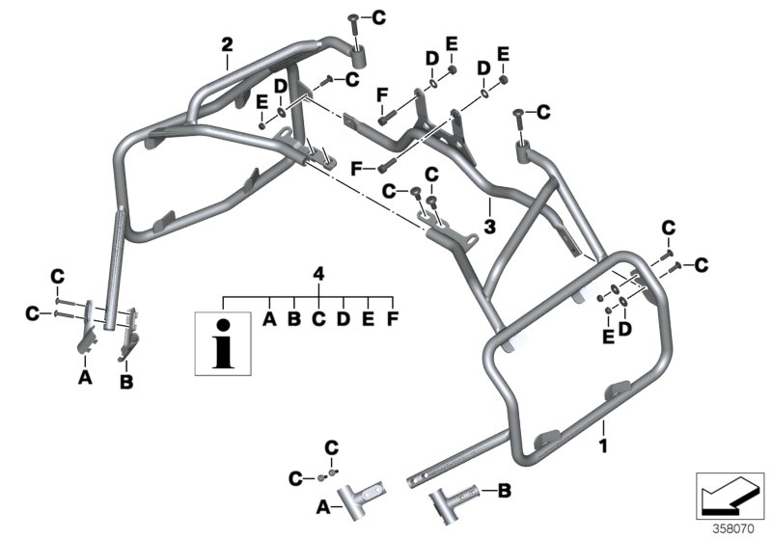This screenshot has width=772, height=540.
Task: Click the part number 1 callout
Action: pos(603,446)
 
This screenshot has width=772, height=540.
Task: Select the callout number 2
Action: pos(227,44)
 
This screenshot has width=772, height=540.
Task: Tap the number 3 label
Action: pos(489,227)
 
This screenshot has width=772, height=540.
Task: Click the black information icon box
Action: pos(223,341)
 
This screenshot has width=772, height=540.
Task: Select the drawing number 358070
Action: pos(733,528)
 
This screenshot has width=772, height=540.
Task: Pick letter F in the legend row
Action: pos(392,317)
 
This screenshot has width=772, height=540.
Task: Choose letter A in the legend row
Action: pos(269,317)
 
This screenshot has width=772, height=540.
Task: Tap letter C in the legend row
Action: pos(318,317)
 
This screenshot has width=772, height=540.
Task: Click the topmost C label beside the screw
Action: pos(377,15)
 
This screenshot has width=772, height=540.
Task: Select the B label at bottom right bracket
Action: pos(505,492)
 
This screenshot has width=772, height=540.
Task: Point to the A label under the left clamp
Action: pos(85,379)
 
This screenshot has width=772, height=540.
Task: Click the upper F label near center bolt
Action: pos(382,94)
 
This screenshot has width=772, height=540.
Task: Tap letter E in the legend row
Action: pos(368,317)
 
